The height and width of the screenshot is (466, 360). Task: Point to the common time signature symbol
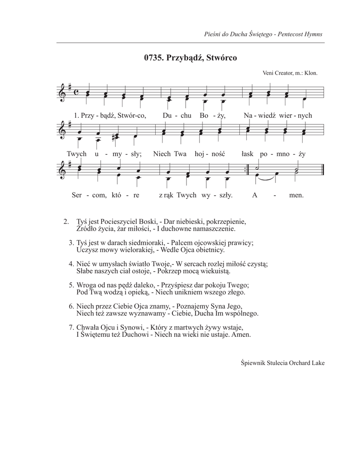(x=76, y=92)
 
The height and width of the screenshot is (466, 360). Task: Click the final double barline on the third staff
(x=322, y=173)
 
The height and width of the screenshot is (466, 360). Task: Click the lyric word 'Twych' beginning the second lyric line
(x=76, y=154)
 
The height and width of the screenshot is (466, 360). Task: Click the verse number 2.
(x=66, y=222)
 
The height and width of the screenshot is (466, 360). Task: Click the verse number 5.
(x=71, y=285)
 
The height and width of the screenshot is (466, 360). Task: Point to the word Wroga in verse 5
(x=87, y=285)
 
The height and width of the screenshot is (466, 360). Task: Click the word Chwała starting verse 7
(x=89, y=327)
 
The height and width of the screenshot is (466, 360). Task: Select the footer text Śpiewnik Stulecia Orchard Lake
(x=282, y=363)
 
